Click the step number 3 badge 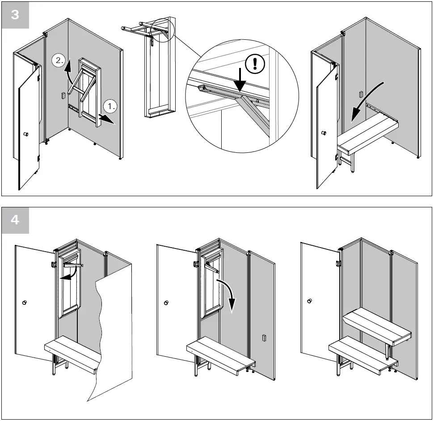[15, 15]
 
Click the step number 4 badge [15, 220]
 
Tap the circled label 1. [111, 106]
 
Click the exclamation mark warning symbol [255, 63]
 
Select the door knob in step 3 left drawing [25, 134]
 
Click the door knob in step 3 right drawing [324, 133]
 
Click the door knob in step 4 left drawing [24, 303]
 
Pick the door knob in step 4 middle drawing [166, 303]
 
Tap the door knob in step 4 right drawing [309, 301]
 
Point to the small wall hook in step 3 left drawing [63, 95]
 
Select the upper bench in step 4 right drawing [376, 327]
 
